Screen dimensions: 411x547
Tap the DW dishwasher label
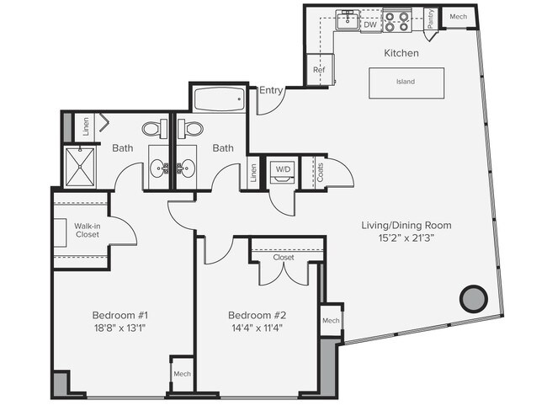370,25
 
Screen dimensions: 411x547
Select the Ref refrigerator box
320,70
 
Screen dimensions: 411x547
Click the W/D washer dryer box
281,169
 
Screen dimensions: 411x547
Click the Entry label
271,91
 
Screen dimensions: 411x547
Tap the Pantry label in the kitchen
430,19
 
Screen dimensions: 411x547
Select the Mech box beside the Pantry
459,17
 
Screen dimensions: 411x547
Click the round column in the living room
473,297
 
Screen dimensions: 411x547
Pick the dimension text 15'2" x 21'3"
406,238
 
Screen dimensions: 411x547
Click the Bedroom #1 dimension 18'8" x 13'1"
120,328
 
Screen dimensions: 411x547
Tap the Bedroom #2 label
255,316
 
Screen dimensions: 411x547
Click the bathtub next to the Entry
219,100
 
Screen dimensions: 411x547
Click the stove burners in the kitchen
396,20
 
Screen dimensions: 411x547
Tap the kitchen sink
348,20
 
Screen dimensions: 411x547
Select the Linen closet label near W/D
253,172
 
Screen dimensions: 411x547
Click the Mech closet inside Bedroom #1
182,373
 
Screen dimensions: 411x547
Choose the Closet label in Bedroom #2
283,258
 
